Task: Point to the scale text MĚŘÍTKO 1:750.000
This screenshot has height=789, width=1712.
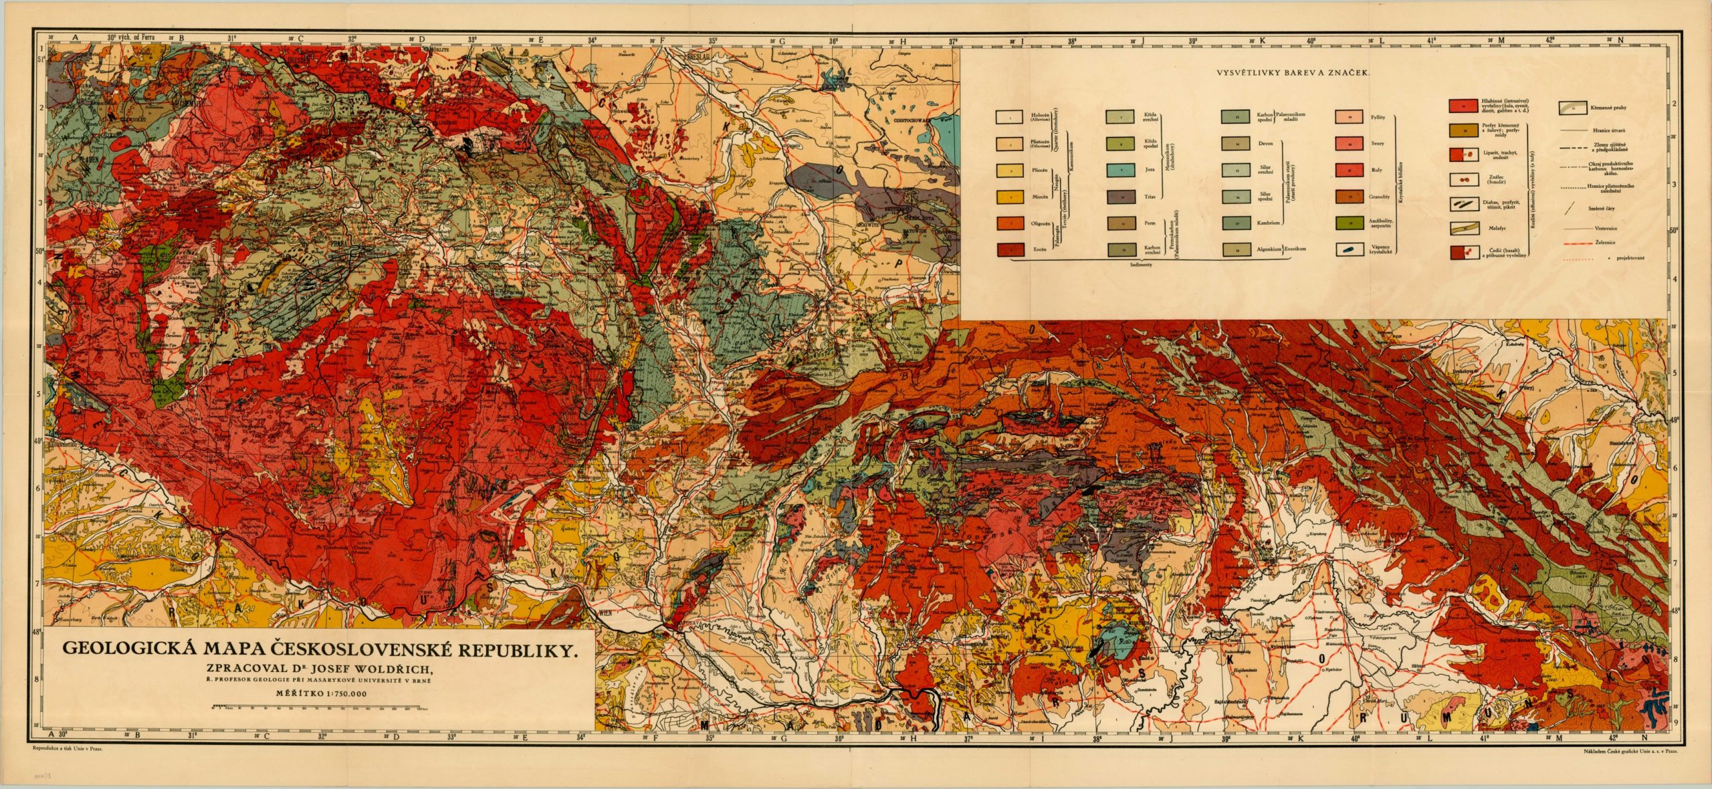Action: click(x=321, y=693)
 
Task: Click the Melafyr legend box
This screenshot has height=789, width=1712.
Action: click(x=1463, y=228)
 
